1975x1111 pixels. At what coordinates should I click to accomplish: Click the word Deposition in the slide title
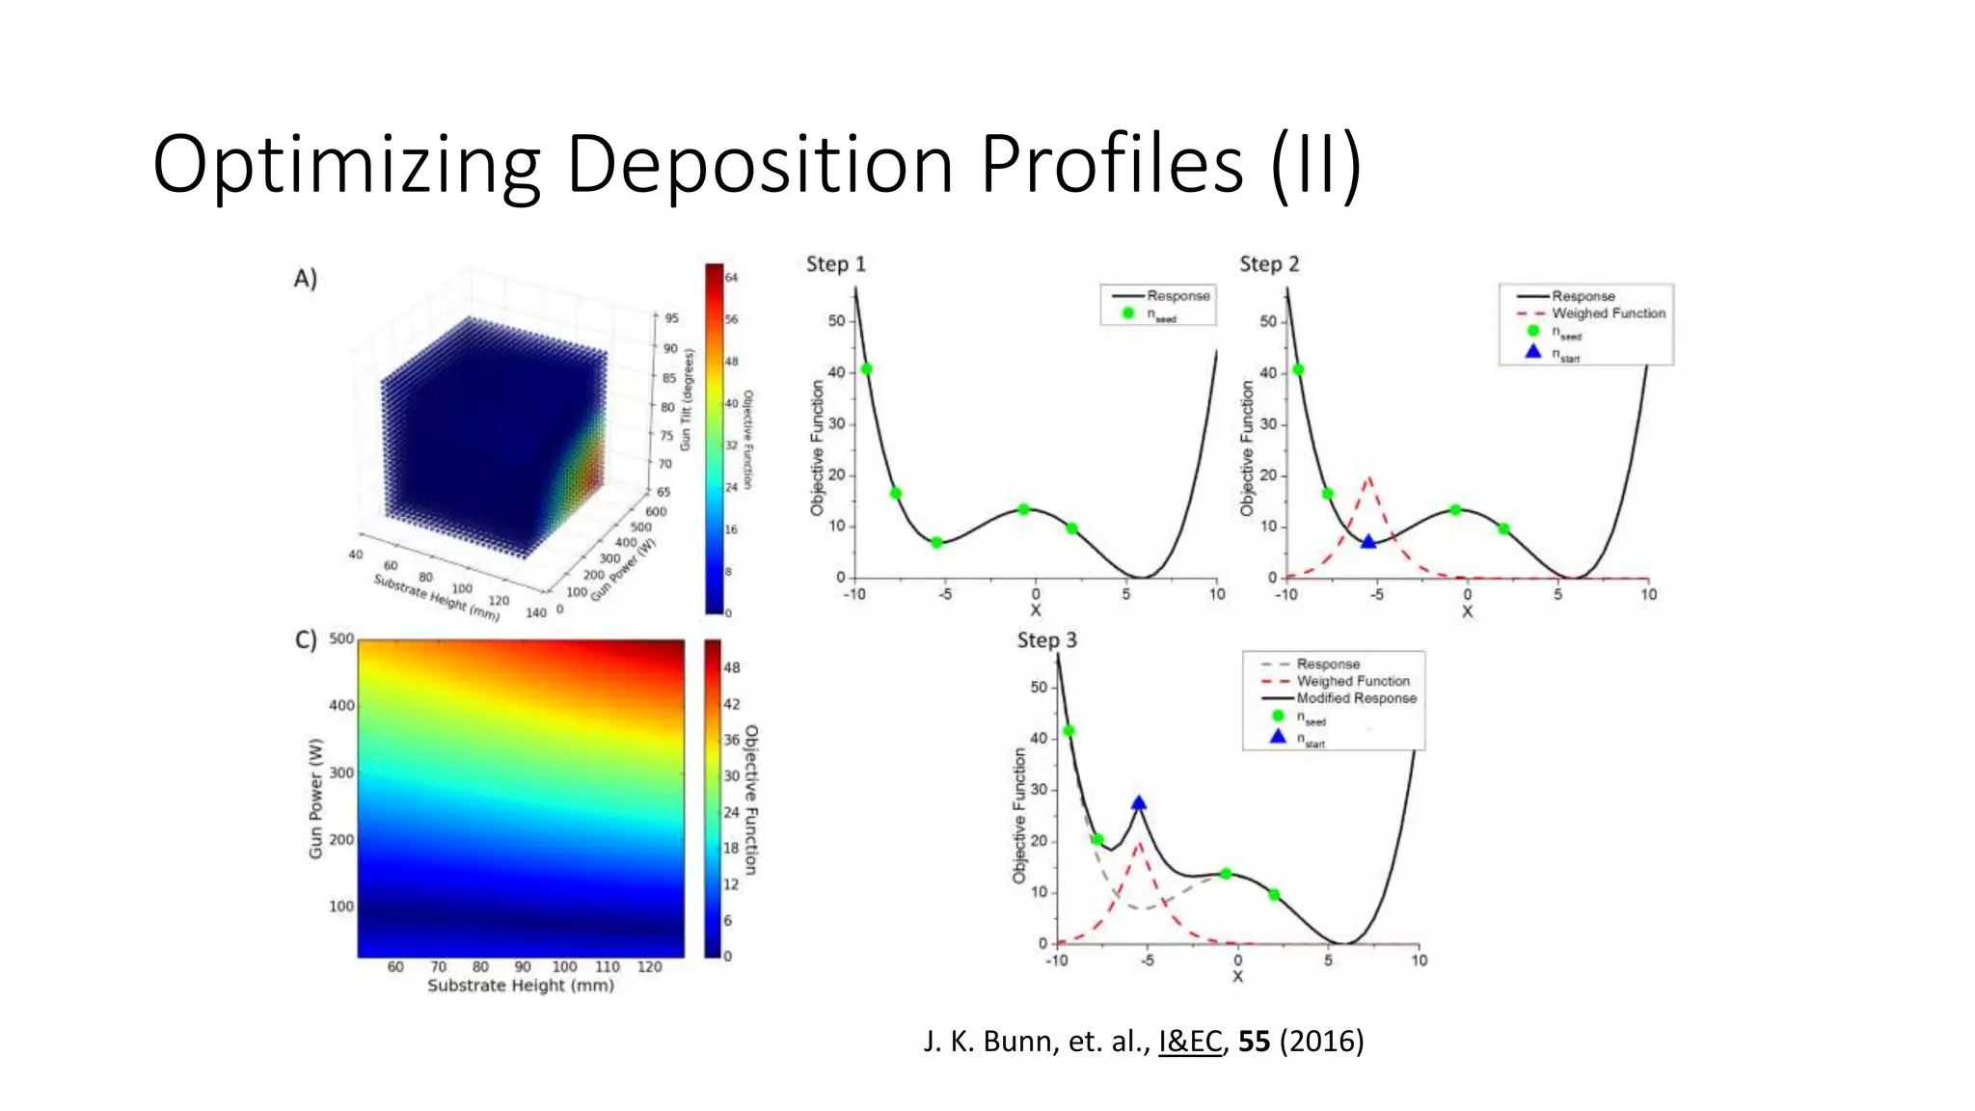click(759, 164)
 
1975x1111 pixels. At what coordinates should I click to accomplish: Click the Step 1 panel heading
click(835, 264)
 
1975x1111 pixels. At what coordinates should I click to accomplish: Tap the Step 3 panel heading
click(1046, 640)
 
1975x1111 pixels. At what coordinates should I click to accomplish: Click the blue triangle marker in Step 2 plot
click(1367, 542)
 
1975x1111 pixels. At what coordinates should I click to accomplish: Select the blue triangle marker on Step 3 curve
click(1139, 803)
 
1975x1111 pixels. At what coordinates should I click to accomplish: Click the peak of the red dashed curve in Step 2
click(1368, 478)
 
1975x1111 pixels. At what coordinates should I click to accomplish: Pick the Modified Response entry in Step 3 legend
click(1356, 698)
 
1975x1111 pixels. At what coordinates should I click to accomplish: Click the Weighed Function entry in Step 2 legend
click(1608, 313)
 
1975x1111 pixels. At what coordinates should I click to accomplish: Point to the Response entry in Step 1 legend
click(1177, 296)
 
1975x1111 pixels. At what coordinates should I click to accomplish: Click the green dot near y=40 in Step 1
click(866, 369)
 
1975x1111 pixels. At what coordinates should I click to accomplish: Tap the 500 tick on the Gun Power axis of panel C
click(341, 638)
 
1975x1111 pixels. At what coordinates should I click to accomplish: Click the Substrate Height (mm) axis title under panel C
click(521, 986)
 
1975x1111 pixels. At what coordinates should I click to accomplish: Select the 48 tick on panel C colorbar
click(731, 667)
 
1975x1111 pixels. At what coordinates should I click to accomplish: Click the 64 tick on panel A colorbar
click(731, 278)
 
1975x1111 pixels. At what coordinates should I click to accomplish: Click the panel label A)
click(306, 279)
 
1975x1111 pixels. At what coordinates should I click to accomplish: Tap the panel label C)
click(306, 640)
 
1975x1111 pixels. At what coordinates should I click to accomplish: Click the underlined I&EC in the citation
click(1189, 1042)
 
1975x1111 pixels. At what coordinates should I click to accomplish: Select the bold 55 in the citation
click(1254, 1042)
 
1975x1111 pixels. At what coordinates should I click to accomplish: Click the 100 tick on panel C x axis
click(564, 966)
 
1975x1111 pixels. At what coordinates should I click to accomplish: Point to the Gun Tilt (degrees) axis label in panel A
click(687, 400)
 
